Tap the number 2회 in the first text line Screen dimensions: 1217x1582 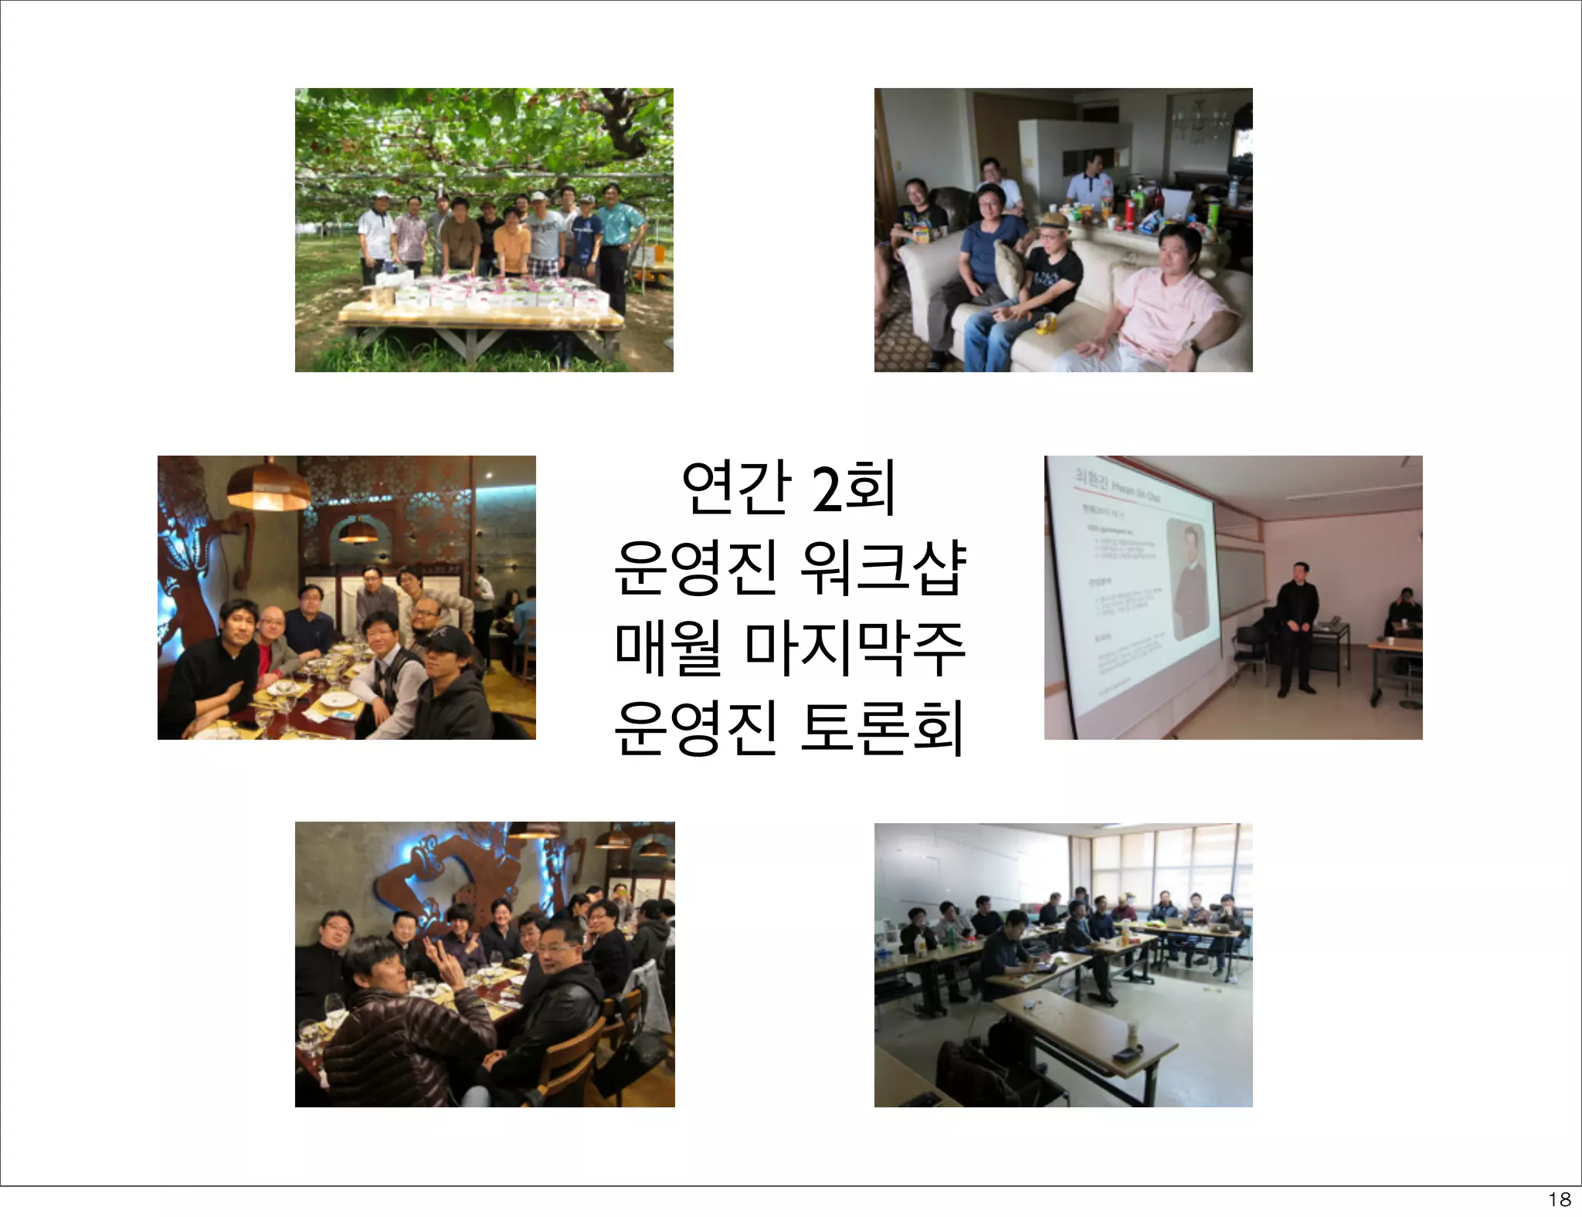point(854,487)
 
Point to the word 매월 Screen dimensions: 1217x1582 point(669,648)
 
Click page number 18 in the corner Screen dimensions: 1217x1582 point(1560,1199)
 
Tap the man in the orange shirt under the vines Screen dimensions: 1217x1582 point(511,239)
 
